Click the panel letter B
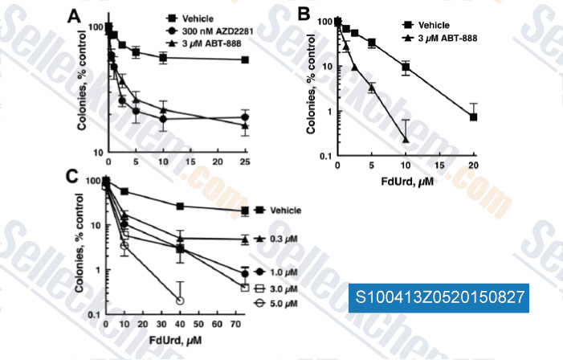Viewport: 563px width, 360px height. coord(304,13)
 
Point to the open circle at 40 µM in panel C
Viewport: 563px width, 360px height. coord(180,300)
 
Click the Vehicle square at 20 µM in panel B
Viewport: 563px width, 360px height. coord(475,117)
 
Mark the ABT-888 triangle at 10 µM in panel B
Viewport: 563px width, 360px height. coord(406,140)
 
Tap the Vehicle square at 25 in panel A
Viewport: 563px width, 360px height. coord(245,59)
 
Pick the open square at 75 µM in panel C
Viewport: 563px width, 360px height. coord(244,287)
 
